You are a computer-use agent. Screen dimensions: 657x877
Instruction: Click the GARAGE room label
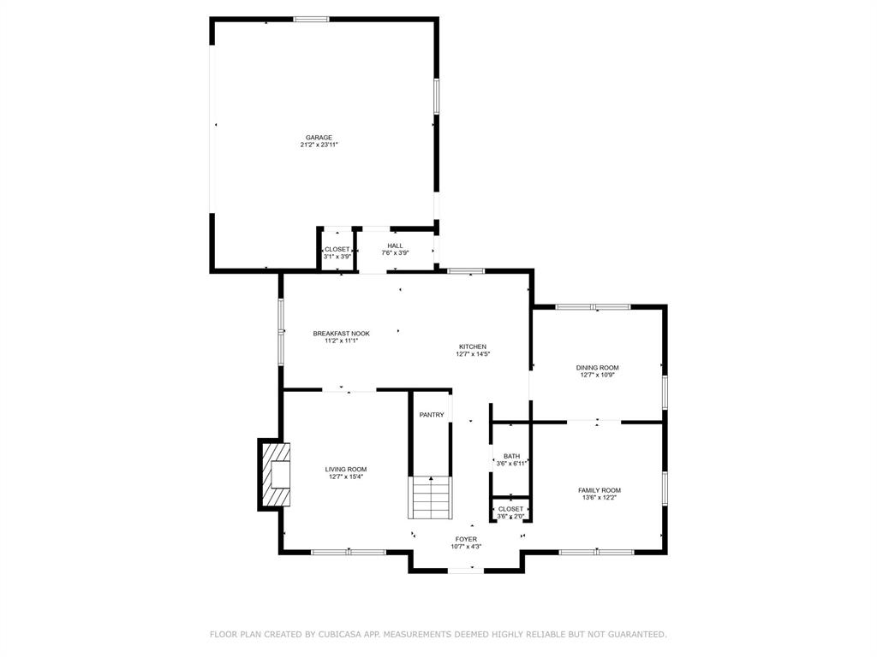[x=319, y=138]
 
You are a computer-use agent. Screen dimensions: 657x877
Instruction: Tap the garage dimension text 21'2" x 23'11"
[x=319, y=145]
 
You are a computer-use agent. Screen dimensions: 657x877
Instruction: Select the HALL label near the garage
[x=394, y=246]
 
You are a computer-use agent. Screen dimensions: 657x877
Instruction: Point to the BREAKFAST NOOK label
[x=341, y=334]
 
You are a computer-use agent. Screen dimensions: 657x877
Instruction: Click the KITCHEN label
[x=472, y=346]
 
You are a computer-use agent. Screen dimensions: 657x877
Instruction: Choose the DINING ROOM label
[x=597, y=367]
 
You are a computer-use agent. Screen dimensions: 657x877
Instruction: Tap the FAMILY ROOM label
[x=600, y=490]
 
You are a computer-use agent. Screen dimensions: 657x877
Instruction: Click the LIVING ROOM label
[x=346, y=469]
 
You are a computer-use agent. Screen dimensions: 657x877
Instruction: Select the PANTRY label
[x=432, y=415]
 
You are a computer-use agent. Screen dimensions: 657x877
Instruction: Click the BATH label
[x=511, y=456]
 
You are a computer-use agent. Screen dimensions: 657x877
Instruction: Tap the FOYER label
[x=466, y=539]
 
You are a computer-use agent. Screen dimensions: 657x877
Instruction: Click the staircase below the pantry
[x=431, y=498]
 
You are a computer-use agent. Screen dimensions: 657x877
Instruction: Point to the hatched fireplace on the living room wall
[x=275, y=475]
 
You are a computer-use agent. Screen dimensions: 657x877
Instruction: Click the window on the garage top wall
[x=312, y=19]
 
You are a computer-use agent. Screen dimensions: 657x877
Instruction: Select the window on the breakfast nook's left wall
[x=281, y=331]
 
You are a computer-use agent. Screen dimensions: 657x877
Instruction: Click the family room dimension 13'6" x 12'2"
[x=600, y=498]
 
